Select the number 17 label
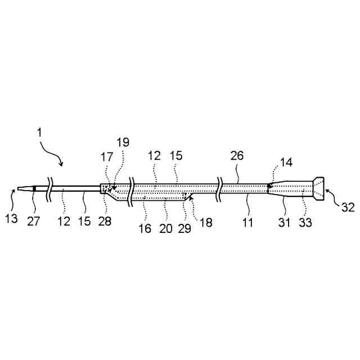[x=107, y=159]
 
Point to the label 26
[x=237, y=156]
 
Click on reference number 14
[x=287, y=163]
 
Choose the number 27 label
[x=34, y=221]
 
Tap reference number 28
[x=105, y=221]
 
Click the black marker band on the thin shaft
[x=34, y=188]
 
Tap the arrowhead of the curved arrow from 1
[x=62, y=164]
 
